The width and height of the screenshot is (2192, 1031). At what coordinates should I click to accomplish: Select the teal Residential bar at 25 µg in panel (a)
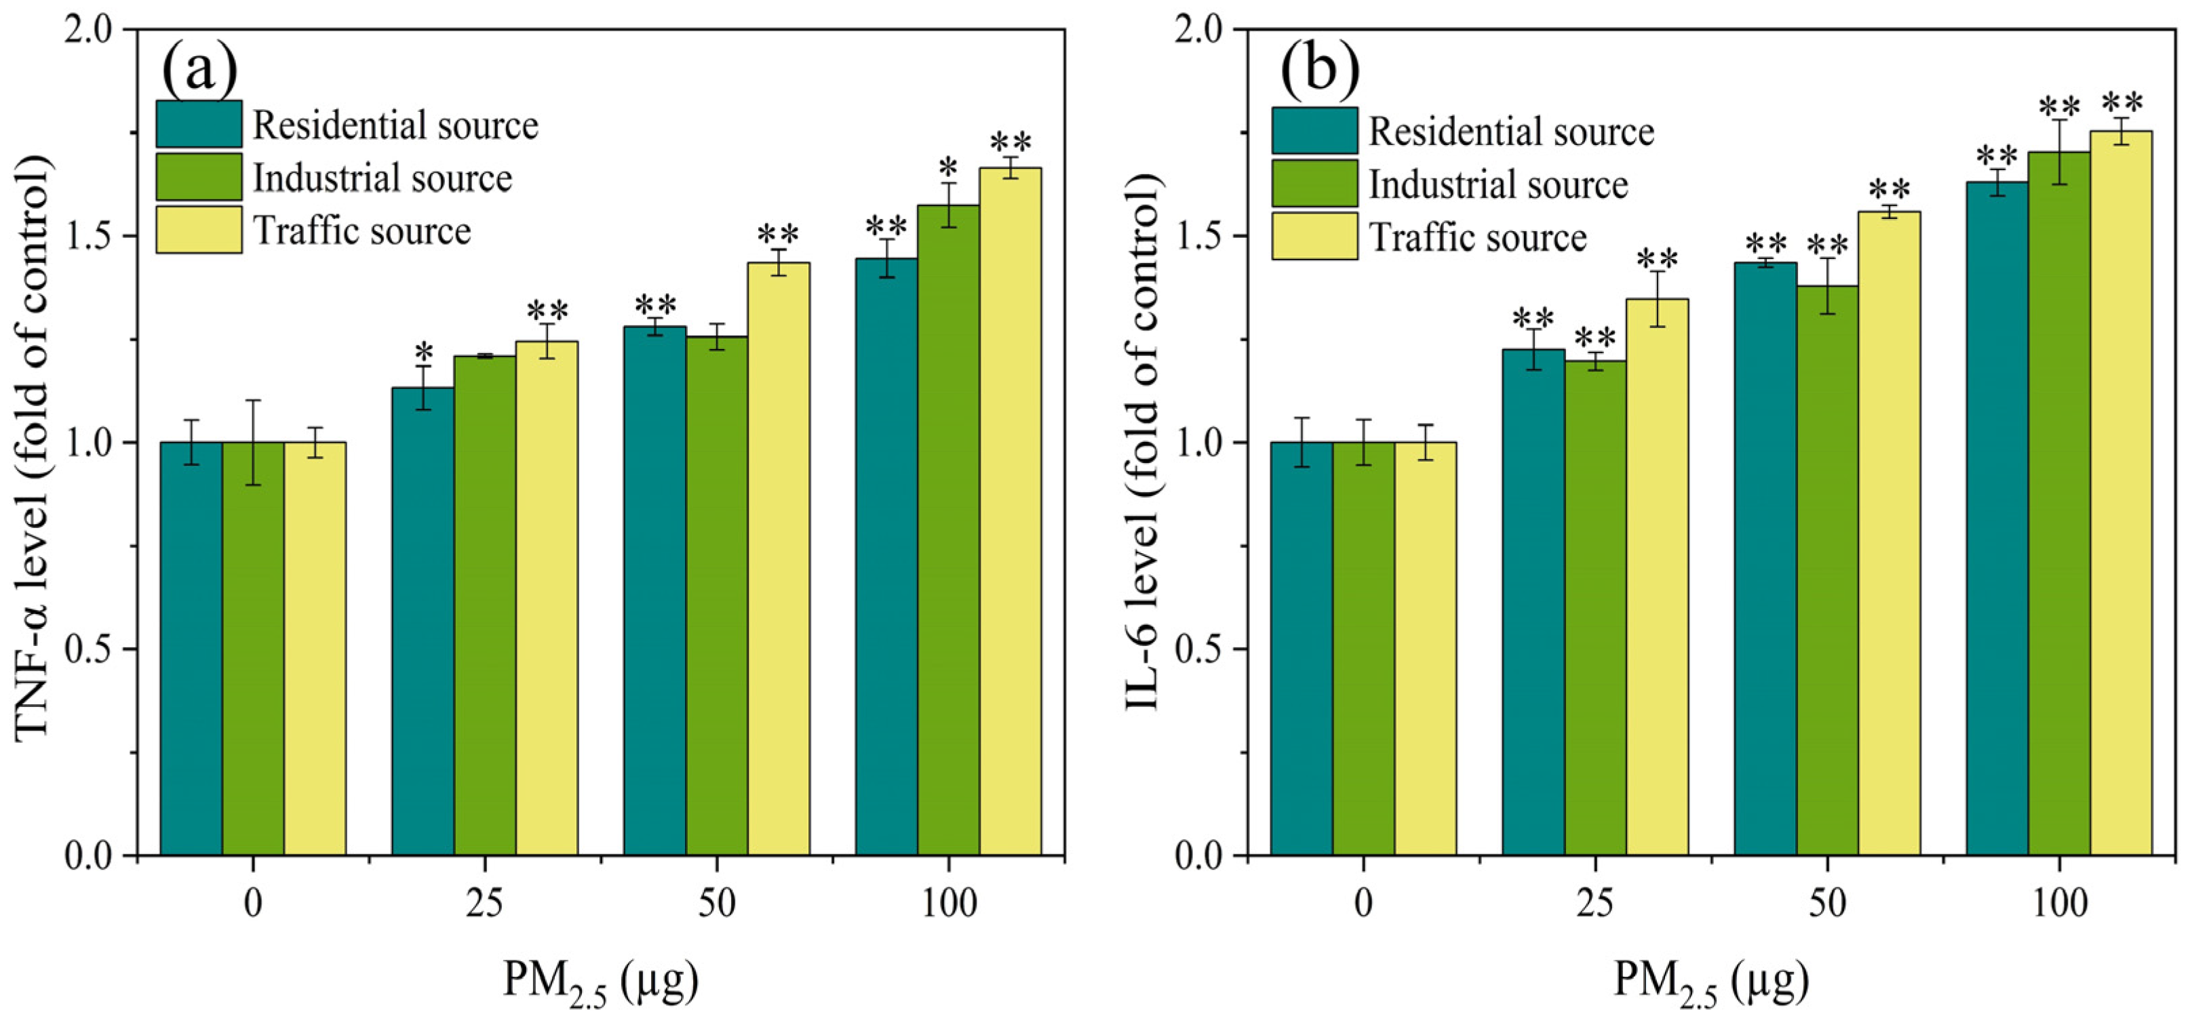[423, 621]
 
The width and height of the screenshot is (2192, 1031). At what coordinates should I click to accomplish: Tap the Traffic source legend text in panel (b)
[1478, 237]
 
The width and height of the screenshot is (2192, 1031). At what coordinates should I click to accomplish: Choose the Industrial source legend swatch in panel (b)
[1314, 184]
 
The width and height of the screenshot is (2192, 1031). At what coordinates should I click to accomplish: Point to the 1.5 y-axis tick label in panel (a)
[90, 236]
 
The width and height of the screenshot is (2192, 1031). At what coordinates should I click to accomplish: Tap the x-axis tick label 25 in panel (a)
[485, 904]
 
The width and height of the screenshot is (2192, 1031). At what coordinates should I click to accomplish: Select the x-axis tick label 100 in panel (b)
[2059, 904]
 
